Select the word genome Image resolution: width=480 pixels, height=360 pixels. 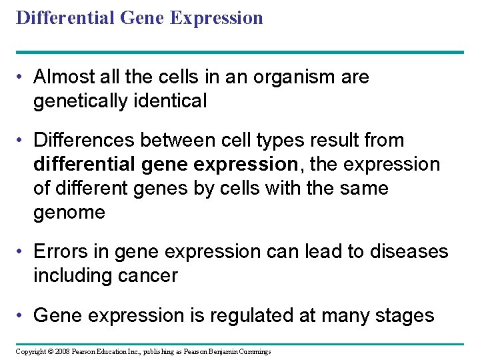coord(69,213)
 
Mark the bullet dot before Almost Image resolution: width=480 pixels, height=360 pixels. coord(22,78)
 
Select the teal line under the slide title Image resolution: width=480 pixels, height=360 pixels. coord(240,52)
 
